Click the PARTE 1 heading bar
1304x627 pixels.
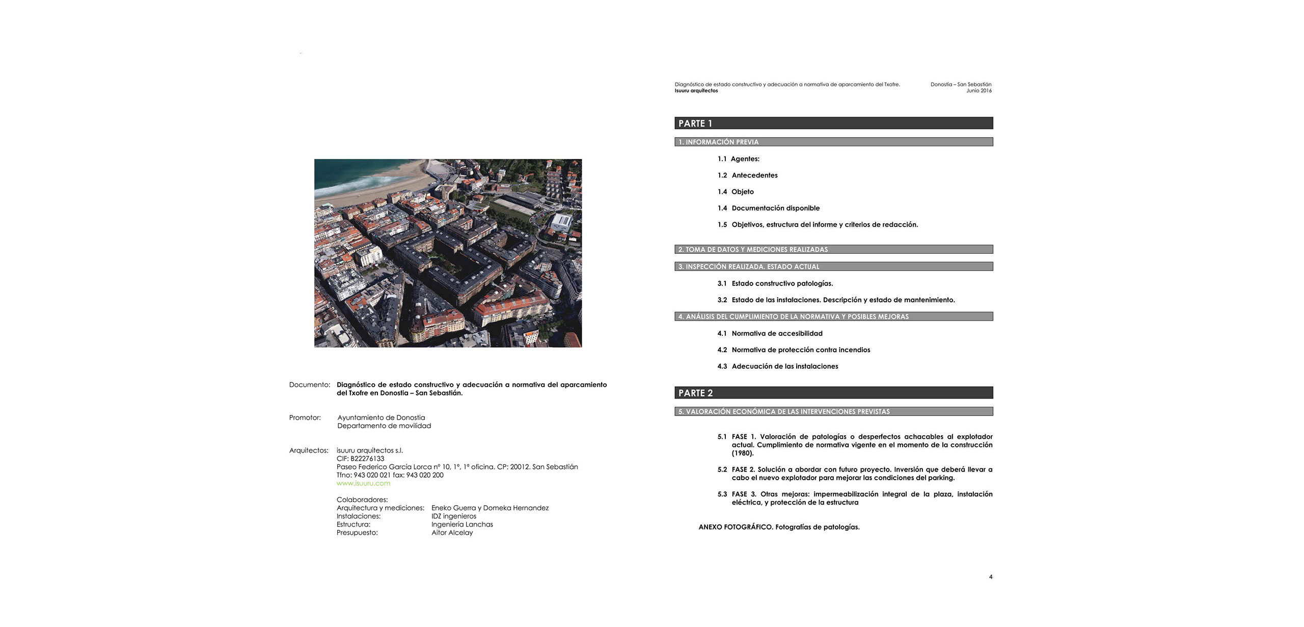click(833, 123)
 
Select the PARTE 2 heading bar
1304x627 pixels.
click(833, 393)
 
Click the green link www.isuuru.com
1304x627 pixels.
click(363, 483)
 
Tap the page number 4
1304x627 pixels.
click(990, 577)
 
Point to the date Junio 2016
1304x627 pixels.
click(979, 91)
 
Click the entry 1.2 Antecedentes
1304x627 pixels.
click(747, 175)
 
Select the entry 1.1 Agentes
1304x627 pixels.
click(738, 159)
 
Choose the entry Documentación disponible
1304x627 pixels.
click(775, 208)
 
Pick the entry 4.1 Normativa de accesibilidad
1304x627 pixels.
click(770, 333)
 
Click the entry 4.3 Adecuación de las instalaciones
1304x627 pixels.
click(777, 367)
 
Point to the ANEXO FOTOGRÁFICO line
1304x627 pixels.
click(779, 527)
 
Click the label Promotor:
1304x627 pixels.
click(305, 417)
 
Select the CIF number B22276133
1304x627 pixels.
click(360, 459)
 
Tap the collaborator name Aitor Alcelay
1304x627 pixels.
click(452, 533)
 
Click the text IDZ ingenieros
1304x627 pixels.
click(453, 516)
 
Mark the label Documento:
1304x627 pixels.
click(309, 385)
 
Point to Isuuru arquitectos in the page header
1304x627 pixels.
click(696, 91)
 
